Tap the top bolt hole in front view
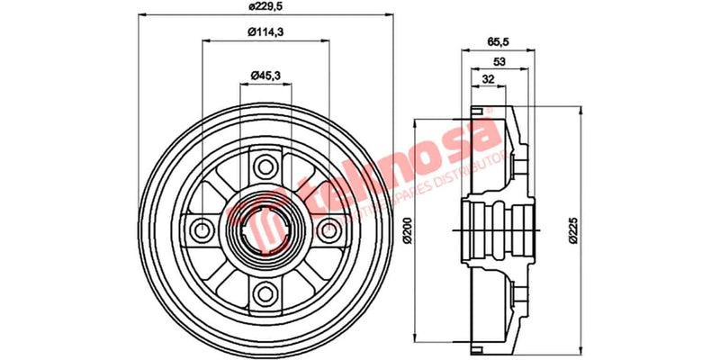click(265, 166)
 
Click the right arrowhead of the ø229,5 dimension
click(392, 15)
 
